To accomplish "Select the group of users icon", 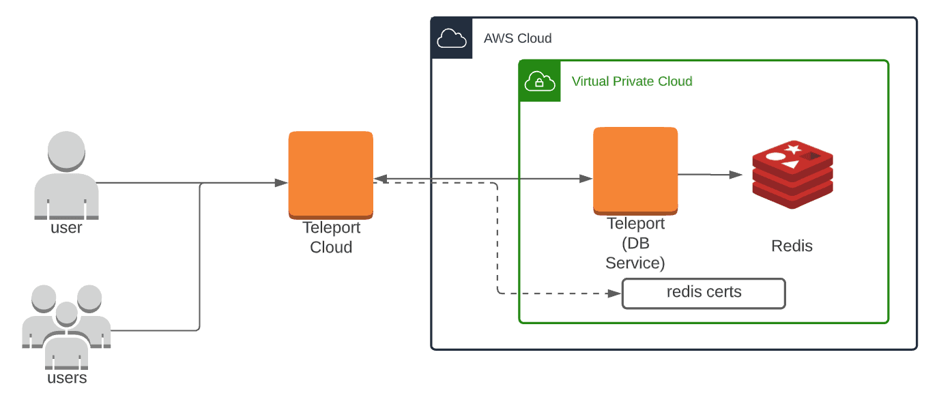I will click(66, 324).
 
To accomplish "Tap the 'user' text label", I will click(66, 228).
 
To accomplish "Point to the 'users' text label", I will click(67, 378).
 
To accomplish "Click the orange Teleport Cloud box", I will click(331, 175).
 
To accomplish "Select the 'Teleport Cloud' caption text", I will click(331, 238).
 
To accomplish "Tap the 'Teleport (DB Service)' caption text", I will click(635, 244).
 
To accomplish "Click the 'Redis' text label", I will click(792, 246).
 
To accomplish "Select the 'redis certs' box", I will click(704, 293).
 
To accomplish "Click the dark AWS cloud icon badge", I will click(452, 38).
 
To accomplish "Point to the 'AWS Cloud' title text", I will click(517, 38).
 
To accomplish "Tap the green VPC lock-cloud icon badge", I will click(539, 81).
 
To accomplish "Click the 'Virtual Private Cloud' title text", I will click(632, 82).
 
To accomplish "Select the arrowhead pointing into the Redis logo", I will click(736, 175).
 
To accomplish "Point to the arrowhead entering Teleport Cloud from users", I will click(281, 183).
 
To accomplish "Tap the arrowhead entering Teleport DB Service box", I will click(586, 179).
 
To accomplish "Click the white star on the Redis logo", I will click(792, 149).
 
